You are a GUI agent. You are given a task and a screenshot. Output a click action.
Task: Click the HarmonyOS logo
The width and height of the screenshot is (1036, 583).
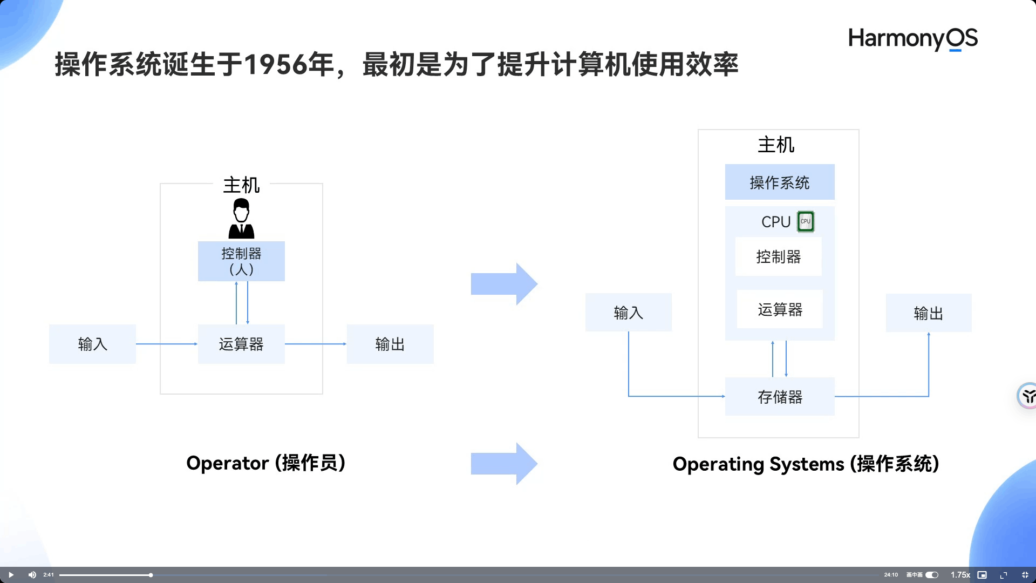click(912, 39)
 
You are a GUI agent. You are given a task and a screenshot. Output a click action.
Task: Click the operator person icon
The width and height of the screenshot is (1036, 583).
click(241, 218)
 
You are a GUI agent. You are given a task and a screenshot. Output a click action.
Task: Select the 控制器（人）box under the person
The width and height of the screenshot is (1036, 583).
click(241, 261)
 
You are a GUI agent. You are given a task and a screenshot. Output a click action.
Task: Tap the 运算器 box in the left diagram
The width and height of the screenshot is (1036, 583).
click(241, 344)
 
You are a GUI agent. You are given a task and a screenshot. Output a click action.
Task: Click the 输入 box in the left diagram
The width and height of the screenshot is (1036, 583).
click(92, 344)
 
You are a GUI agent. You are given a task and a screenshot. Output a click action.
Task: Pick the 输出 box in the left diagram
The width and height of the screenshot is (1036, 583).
click(390, 344)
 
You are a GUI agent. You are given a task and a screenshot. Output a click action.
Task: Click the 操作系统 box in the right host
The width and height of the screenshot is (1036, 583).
click(779, 182)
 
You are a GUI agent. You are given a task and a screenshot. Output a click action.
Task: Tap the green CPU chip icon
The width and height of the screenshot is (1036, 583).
click(806, 221)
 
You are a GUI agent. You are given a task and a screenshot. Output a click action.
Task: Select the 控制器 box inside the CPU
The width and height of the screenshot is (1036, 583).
click(778, 256)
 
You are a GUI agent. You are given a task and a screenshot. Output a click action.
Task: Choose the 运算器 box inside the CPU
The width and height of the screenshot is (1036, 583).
click(780, 309)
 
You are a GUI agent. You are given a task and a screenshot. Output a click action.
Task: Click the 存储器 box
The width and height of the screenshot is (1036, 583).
click(780, 397)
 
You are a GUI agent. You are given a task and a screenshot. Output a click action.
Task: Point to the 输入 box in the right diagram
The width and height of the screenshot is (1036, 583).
click(628, 313)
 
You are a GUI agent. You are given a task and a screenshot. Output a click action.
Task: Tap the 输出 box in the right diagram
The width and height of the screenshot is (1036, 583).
click(928, 313)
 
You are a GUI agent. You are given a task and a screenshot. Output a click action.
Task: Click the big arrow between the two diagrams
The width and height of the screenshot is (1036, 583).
click(503, 284)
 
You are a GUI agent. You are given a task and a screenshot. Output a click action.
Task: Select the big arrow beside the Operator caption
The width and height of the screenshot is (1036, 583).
click(503, 464)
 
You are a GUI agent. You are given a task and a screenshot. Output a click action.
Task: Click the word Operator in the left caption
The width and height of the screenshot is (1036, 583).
click(227, 463)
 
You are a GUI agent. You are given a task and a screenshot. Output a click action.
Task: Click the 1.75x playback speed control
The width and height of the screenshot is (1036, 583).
click(960, 575)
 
